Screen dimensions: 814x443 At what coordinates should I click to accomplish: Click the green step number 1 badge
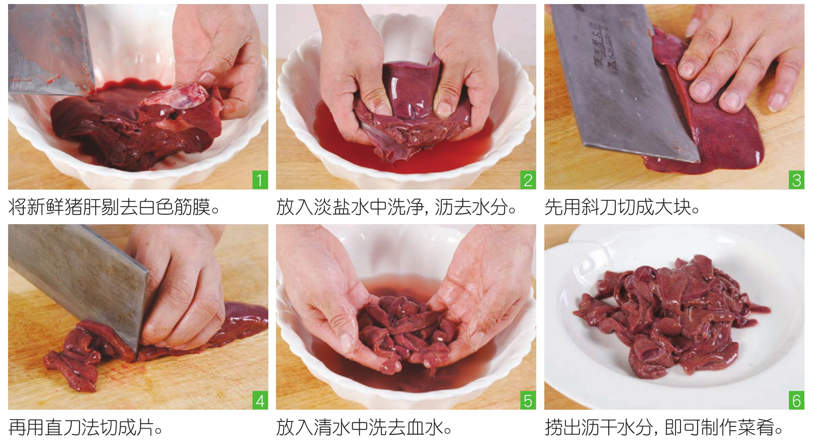click(260, 180)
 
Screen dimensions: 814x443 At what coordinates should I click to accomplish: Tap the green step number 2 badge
click(528, 180)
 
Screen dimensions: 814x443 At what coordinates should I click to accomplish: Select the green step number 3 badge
click(796, 180)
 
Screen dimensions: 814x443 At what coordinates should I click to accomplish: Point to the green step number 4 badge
click(260, 400)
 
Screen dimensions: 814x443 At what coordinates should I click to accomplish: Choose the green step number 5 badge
click(528, 400)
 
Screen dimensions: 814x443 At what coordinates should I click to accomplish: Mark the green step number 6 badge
click(796, 400)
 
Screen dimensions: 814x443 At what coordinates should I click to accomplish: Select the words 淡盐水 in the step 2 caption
click(341, 208)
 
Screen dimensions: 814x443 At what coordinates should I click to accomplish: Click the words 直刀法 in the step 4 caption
click(72, 428)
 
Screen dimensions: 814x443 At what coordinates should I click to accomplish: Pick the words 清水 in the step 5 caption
click(332, 428)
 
